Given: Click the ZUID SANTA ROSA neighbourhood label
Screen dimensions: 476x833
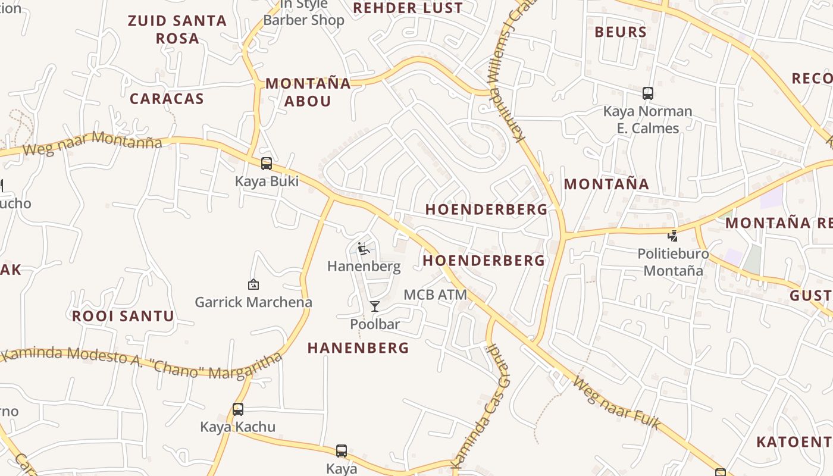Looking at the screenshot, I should [x=177, y=29].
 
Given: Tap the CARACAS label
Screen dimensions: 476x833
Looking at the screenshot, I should [x=167, y=99].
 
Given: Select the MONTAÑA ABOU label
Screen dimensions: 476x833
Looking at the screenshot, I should [x=308, y=92].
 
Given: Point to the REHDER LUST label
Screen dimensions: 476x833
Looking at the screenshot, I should [x=408, y=8].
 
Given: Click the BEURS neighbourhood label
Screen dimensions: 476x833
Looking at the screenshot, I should [x=621, y=32].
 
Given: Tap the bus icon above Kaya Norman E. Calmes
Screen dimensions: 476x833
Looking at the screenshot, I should [x=648, y=93].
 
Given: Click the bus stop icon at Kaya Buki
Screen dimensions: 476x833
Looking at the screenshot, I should [x=267, y=164].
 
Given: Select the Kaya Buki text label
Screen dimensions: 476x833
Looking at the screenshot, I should [x=267, y=181].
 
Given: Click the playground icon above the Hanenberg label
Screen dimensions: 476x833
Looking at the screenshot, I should [x=364, y=249].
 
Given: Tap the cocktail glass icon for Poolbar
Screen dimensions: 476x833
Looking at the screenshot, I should [x=375, y=306].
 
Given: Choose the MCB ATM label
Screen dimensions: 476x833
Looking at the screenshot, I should [x=435, y=295].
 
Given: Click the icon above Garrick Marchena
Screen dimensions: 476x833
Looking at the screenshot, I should [x=253, y=285].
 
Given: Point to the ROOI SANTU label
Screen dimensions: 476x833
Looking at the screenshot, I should [x=123, y=316].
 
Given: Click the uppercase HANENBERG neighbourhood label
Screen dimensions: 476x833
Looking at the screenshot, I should [x=358, y=348].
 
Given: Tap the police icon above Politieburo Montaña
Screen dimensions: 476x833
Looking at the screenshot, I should [x=673, y=236].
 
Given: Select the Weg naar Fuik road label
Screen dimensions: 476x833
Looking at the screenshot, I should [x=616, y=403].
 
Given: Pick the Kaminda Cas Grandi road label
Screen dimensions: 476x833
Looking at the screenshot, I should [x=482, y=405].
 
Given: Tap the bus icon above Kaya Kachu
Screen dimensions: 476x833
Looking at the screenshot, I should [x=238, y=409].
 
